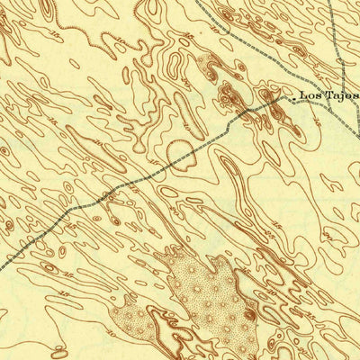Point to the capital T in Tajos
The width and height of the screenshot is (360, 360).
tap(328, 94)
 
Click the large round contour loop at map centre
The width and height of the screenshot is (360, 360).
tap(179, 152)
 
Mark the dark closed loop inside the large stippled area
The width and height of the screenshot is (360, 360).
tap(249, 314)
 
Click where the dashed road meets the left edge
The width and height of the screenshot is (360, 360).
tap(2, 267)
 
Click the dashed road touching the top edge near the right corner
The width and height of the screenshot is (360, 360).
tap(328, 3)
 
